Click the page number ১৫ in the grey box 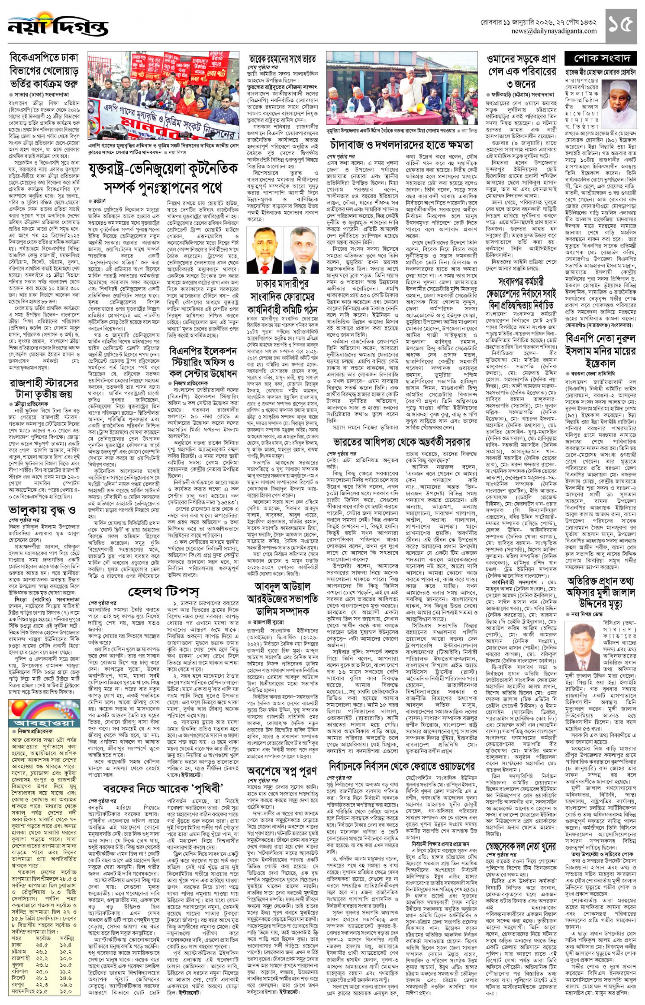[621, 26]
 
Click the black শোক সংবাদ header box [602, 58]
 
